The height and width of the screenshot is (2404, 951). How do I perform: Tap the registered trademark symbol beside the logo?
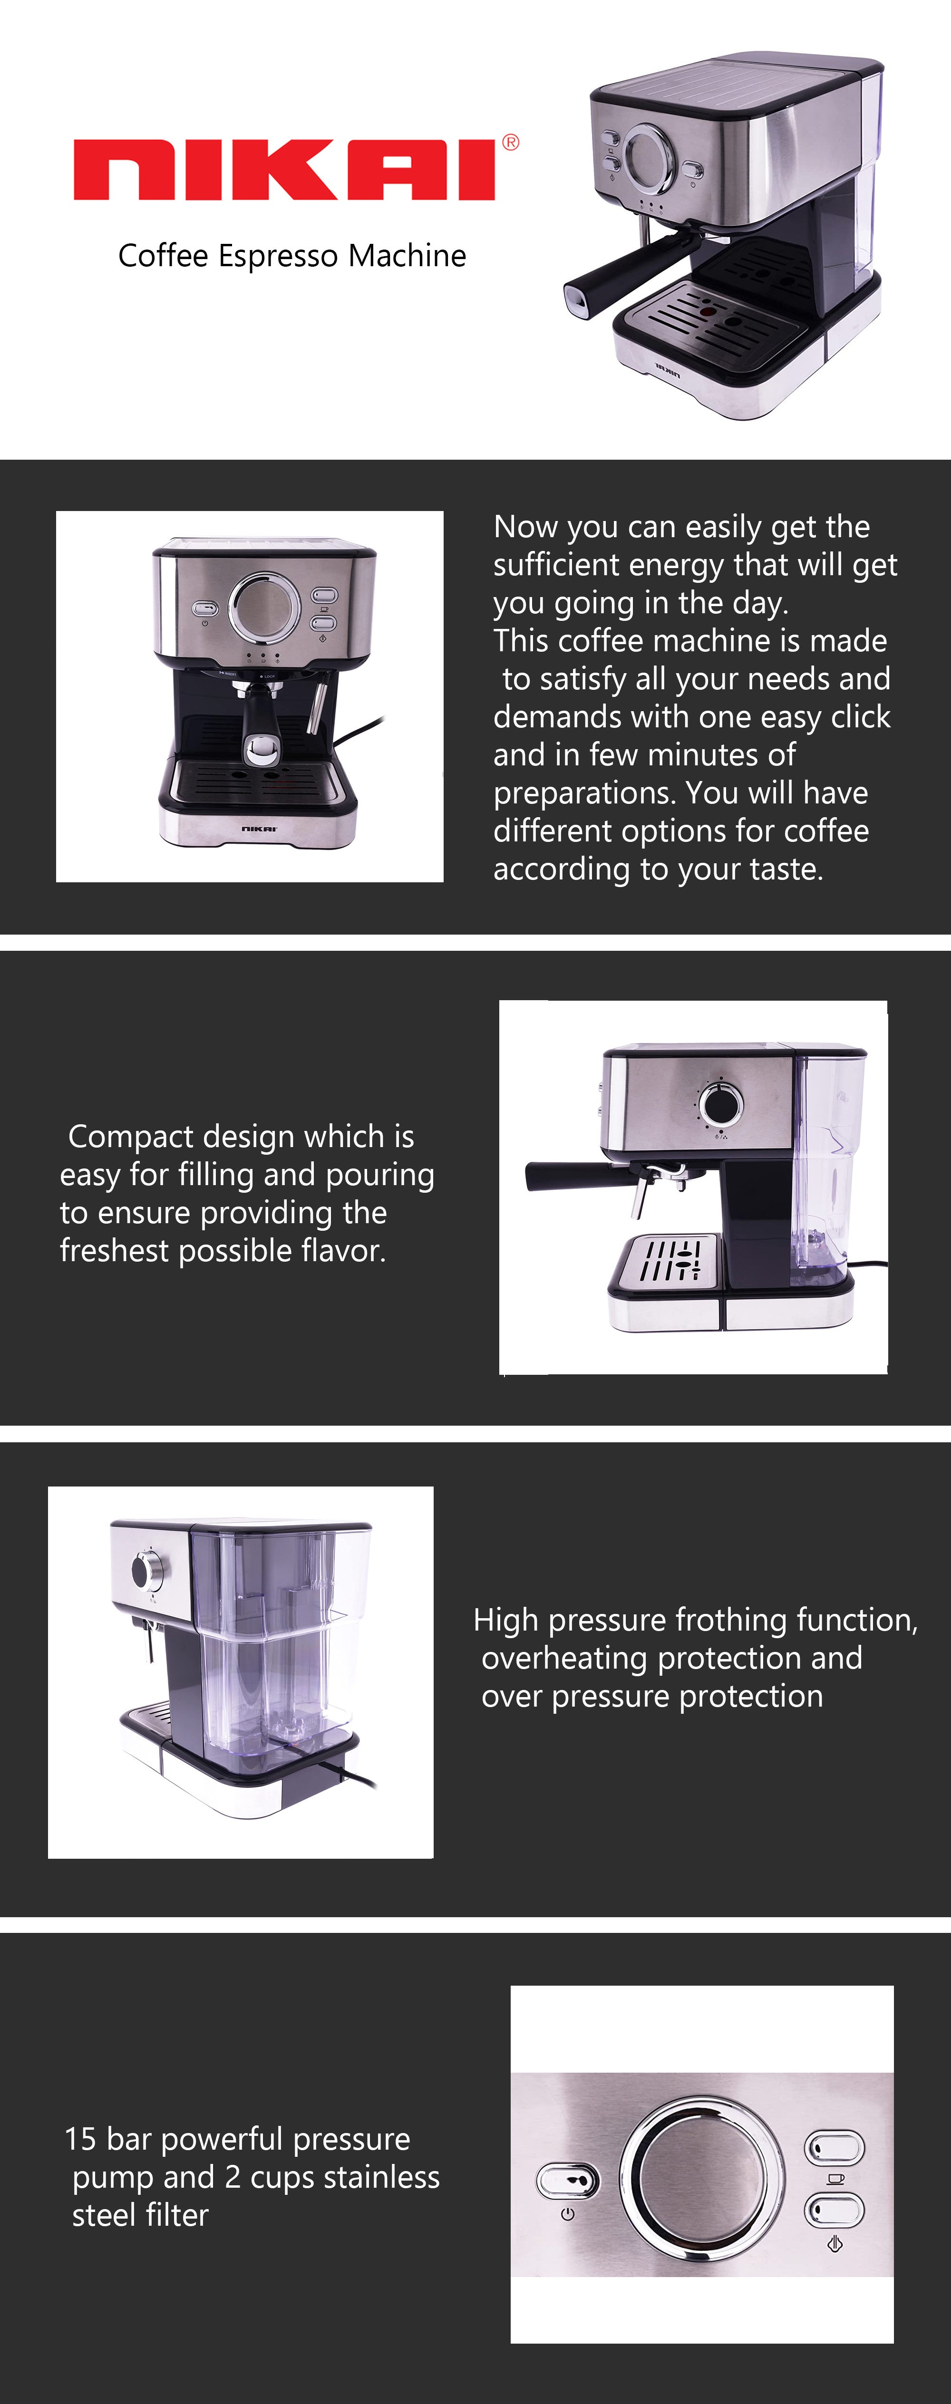(511, 143)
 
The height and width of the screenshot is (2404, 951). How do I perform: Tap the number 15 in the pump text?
(80, 2139)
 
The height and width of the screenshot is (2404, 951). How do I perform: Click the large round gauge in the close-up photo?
(702, 2178)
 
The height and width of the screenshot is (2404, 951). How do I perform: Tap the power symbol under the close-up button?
(567, 2214)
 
